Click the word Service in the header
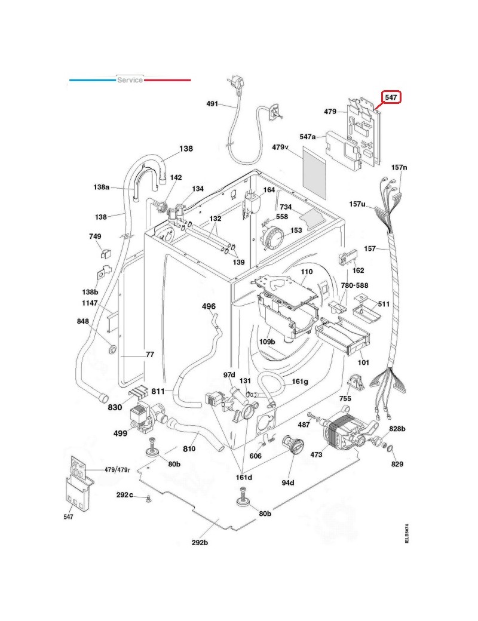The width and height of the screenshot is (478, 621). [x=130, y=79]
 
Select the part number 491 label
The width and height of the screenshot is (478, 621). [x=212, y=103]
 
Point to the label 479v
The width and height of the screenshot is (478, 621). [x=280, y=147]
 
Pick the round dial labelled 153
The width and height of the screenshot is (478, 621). [x=273, y=238]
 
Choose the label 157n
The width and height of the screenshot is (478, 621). [x=399, y=168]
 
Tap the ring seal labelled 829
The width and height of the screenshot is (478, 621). [x=389, y=448]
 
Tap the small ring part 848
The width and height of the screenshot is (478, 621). [x=113, y=348]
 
